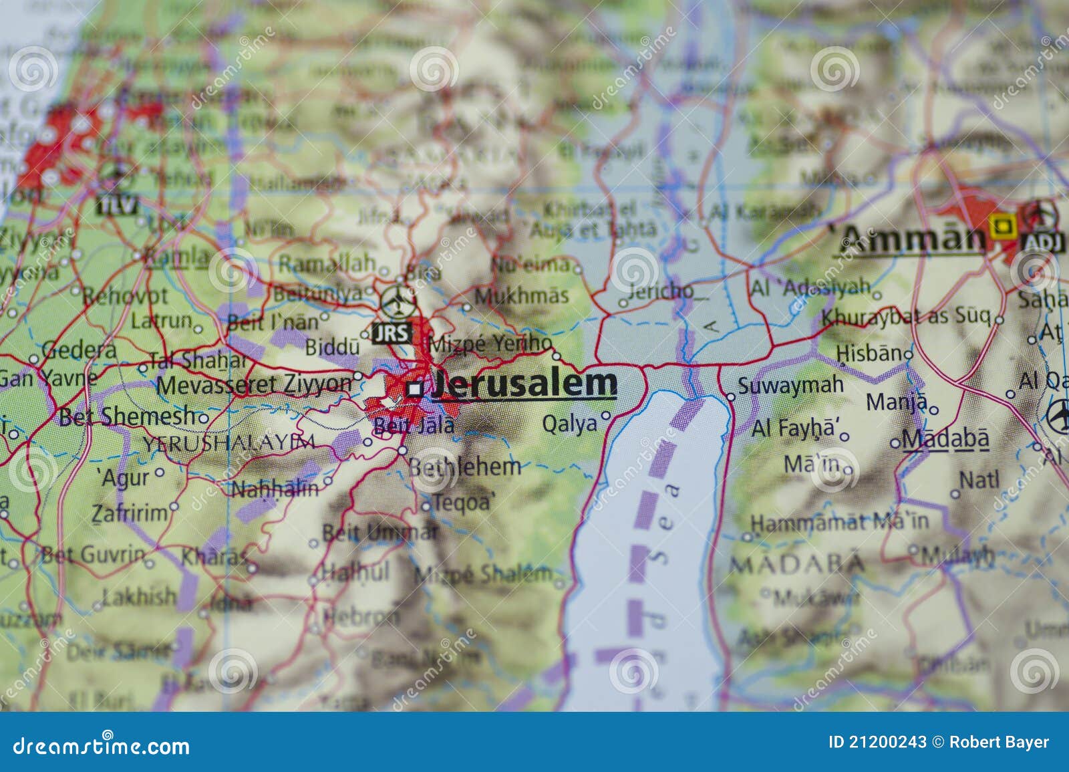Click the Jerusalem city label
pyautogui.click(x=525, y=384)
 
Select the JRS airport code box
pyautogui.click(x=391, y=332)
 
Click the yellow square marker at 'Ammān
pyautogui.click(x=1000, y=226)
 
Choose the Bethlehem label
pyautogui.click(x=464, y=466)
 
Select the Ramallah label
pyautogui.click(x=327, y=263)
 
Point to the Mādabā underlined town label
pyautogui.click(x=945, y=438)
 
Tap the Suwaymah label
pyautogui.click(x=790, y=386)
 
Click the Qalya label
pyautogui.click(x=569, y=424)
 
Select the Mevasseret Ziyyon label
pyautogui.click(x=254, y=384)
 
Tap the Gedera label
pyautogui.click(x=79, y=350)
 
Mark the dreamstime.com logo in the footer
pyautogui.click(x=102, y=746)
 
